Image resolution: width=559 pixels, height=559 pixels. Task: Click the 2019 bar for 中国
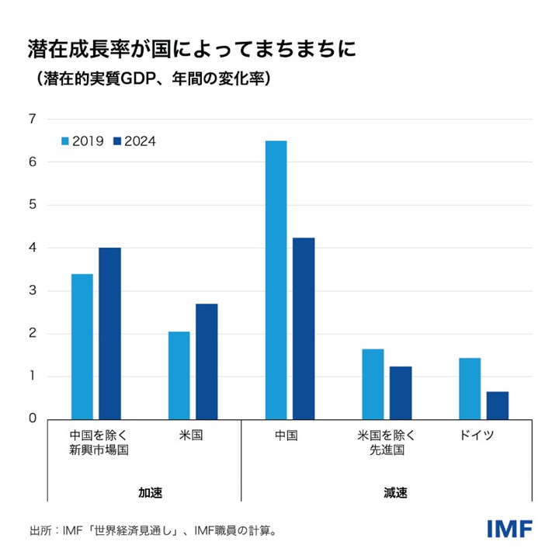pos(276,279)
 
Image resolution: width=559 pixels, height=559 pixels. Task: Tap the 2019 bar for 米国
pos(179,375)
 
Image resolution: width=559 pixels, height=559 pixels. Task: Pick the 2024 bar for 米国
pos(207,361)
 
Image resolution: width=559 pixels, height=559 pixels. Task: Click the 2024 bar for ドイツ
pos(498,405)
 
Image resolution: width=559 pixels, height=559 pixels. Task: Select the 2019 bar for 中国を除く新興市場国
pos(82,346)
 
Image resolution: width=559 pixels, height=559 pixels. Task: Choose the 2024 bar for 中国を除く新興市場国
pos(109,333)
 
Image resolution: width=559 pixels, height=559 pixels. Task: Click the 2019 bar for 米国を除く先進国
pos(373,384)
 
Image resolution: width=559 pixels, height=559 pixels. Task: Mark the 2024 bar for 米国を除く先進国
pos(401,393)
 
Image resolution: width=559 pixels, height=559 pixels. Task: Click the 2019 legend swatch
pos(66,141)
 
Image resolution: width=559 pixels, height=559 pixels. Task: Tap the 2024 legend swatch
pos(118,141)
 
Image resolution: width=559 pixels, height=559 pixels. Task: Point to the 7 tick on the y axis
pos(32,119)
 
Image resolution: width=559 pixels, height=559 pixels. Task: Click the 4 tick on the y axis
pos(32,248)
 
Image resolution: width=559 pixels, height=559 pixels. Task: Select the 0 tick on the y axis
pos(32,419)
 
